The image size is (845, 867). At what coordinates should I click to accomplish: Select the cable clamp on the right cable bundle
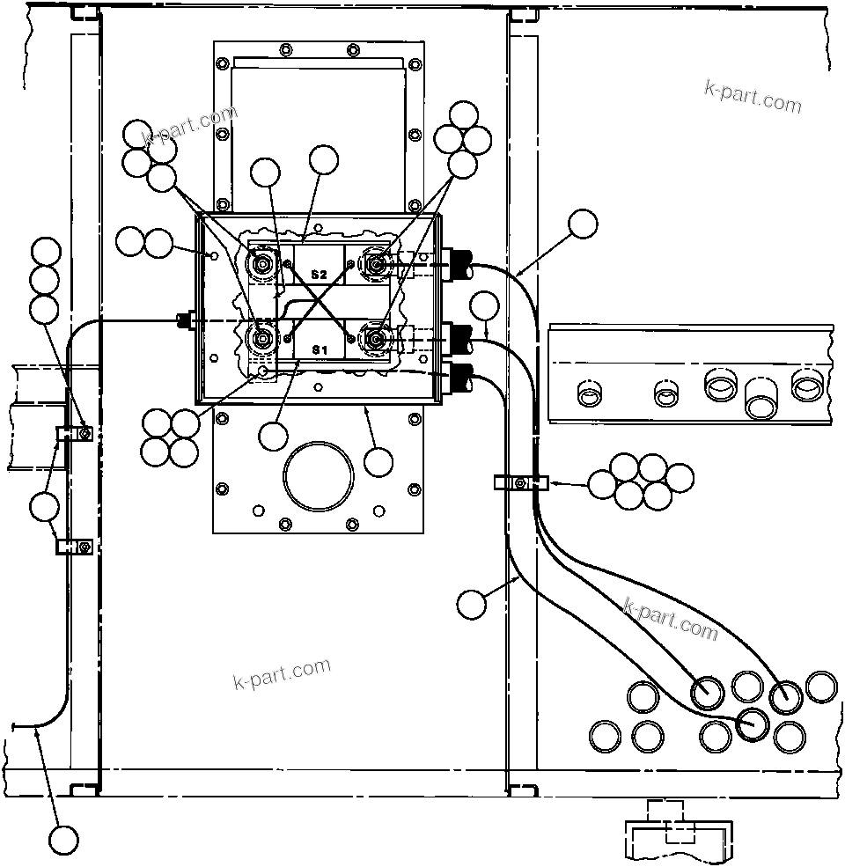pyautogui.click(x=521, y=482)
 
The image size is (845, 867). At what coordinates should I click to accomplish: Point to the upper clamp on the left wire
pyautogui.click(x=74, y=433)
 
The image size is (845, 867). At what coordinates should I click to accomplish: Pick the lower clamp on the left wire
pyautogui.click(x=74, y=547)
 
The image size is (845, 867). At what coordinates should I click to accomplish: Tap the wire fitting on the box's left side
pyautogui.click(x=185, y=321)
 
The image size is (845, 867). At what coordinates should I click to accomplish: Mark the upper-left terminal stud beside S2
pyautogui.click(x=261, y=262)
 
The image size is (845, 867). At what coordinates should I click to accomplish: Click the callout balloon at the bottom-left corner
pyautogui.click(x=63, y=839)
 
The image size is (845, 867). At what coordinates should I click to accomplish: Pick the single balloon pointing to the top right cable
pyautogui.click(x=582, y=224)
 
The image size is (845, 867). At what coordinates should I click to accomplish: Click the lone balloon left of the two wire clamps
pyautogui.click(x=44, y=506)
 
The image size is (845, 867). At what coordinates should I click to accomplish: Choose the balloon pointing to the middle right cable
pyautogui.click(x=485, y=306)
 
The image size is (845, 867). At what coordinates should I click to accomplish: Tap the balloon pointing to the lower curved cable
pyautogui.click(x=472, y=603)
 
